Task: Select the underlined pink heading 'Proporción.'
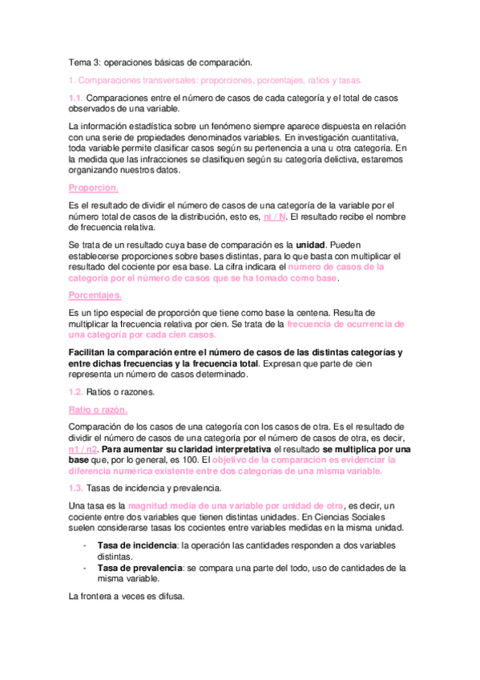(93, 188)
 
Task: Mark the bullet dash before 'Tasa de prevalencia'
(85, 567)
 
